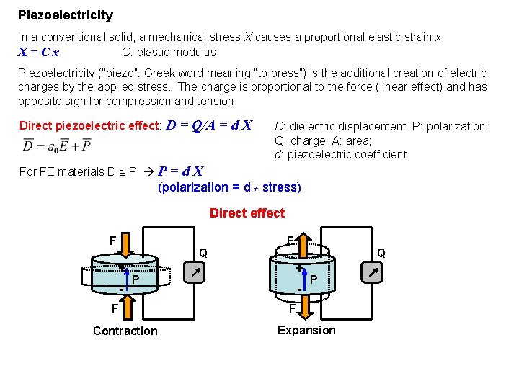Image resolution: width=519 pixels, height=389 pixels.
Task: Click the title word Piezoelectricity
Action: tap(65, 14)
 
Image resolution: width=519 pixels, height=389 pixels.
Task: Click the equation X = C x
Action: tap(39, 52)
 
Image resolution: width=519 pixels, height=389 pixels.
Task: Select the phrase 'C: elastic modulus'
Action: tap(169, 52)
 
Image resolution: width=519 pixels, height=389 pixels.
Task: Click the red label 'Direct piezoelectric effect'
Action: tap(89, 125)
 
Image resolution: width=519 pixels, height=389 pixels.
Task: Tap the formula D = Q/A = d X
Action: tap(209, 125)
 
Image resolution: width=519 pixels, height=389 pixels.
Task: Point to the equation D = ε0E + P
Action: tap(57, 146)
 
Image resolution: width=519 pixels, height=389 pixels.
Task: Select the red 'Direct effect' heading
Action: tap(247, 213)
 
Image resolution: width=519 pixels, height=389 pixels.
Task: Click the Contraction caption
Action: tap(125, 331)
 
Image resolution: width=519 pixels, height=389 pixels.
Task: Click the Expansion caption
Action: tap(306, 330)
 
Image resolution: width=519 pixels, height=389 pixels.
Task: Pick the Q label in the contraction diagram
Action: tap(203, 254)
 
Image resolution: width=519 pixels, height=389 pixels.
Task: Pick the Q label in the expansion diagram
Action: tap(381, 253)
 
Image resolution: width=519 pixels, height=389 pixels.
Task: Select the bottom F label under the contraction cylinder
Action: tap(114, 308)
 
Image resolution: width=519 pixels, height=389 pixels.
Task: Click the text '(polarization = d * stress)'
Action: tap(229, 187)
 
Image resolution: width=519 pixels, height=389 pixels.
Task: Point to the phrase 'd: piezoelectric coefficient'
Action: tap(340, 154)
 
